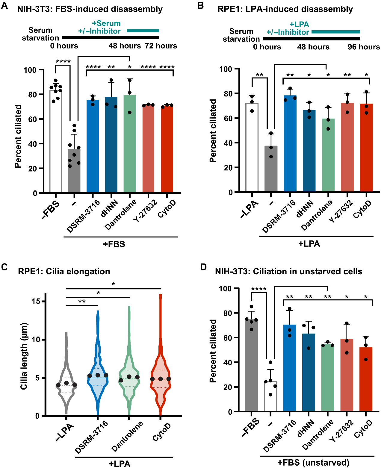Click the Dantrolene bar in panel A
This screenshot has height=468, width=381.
point(130,144)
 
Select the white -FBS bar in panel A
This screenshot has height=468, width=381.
point(56,141)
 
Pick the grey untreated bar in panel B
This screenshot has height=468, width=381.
point(271,169)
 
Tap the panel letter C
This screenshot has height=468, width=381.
point(4,267)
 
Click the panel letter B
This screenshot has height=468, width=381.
point(201,6)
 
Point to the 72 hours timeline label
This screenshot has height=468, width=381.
point(161,46)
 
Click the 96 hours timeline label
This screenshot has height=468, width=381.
point(363,47)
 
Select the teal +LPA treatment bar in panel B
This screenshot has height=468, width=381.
point(335,32)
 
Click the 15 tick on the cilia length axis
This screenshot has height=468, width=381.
point(36,301)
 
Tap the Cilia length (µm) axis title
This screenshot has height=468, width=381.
point(24,356)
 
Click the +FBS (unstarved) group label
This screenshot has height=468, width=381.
point(313,463)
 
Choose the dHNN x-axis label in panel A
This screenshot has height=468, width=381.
point(110,209)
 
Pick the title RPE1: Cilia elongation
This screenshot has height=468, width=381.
point(64,271)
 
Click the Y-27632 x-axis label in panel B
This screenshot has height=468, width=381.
point(340,212)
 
